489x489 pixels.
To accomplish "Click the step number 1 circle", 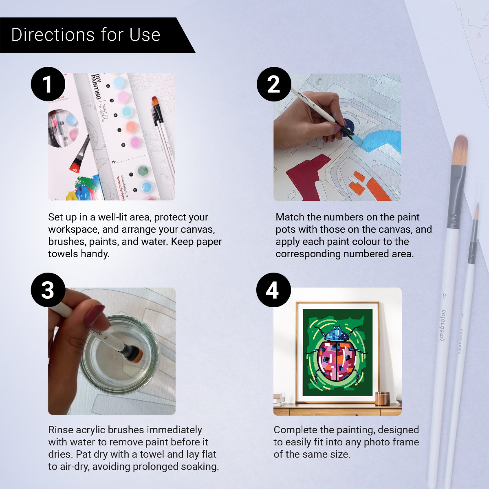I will (x=48, y=84).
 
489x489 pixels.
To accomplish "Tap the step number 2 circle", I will (x=274, y=84).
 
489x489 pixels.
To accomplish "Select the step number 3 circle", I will (x=48, y=290).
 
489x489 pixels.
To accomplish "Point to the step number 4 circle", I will (x=273, y=290).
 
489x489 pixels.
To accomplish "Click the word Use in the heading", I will (x=145, y=35).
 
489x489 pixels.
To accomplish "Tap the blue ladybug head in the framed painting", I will (x=337, y=335).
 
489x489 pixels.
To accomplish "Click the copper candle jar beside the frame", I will (x=382, y=398).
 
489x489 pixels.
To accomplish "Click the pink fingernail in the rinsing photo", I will (x=95, y=314).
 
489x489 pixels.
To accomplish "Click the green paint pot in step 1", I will (x=143, y=170).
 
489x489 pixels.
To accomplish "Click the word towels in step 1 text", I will (x=61, y=254).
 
